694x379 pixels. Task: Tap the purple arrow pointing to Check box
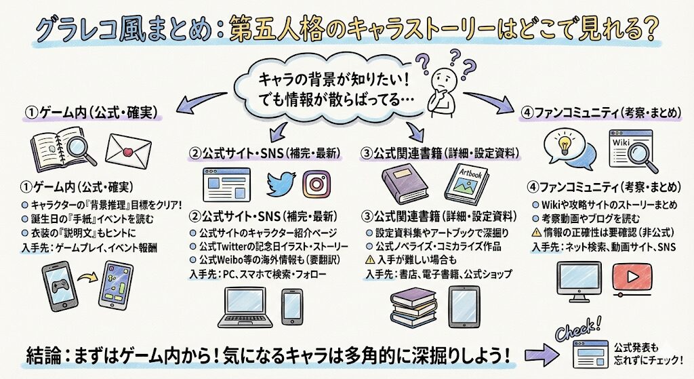[537, 354]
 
